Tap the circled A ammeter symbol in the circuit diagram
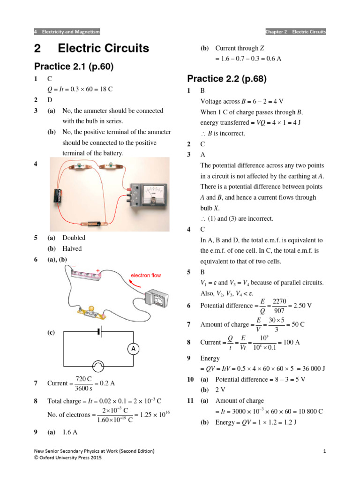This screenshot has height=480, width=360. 133,349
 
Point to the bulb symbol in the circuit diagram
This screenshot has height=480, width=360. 99,366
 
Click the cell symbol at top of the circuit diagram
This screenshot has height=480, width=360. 99,332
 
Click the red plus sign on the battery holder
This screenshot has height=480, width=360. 97,270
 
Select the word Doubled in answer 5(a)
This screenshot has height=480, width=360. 74,238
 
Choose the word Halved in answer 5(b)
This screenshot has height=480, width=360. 72,249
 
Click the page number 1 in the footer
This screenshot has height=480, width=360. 324,451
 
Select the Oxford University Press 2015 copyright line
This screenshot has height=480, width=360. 68,457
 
